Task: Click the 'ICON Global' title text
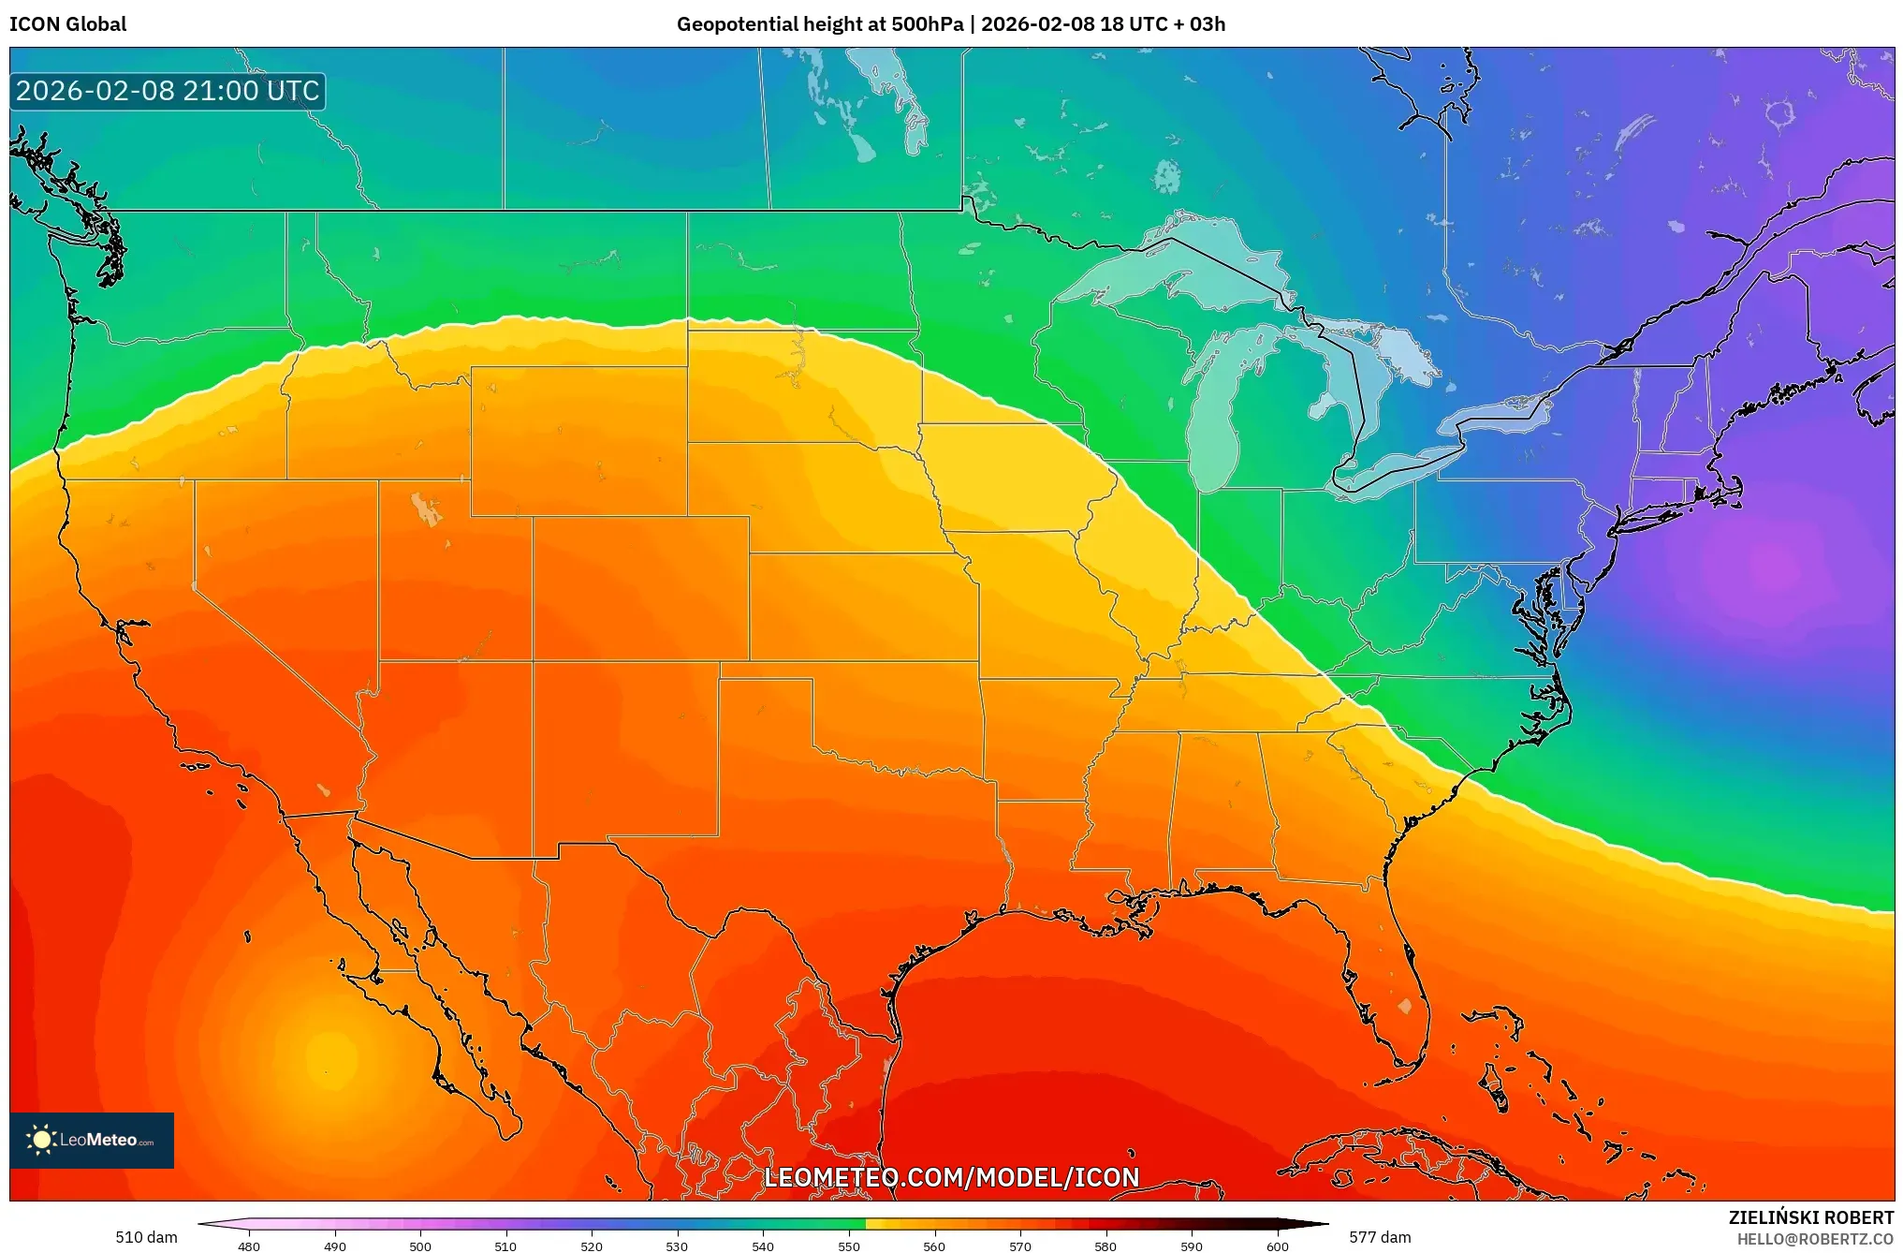pos(67,24)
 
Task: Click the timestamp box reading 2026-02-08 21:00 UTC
pos(168,91)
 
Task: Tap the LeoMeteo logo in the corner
pos(92,1140)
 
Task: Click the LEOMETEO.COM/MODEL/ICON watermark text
pos(951,1177)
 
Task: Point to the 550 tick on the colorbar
pos(848,1246)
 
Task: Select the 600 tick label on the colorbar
pos(1277,1246)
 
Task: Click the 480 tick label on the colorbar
pos(249,1246)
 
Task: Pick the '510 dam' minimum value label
pos(146,1237)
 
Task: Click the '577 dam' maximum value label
pos(1379,1237)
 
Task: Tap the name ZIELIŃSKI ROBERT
pos(1810,1217)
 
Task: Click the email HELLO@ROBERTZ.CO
pos(1814,1239)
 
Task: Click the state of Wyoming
pos(578,440)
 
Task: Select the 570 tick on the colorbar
pos(1019,1246)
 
